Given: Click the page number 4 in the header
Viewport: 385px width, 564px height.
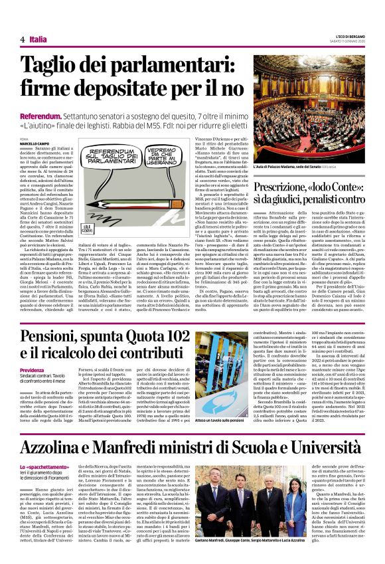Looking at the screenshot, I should tap(22, 40).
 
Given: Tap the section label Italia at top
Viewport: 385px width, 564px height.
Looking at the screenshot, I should tap(38, 40).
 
